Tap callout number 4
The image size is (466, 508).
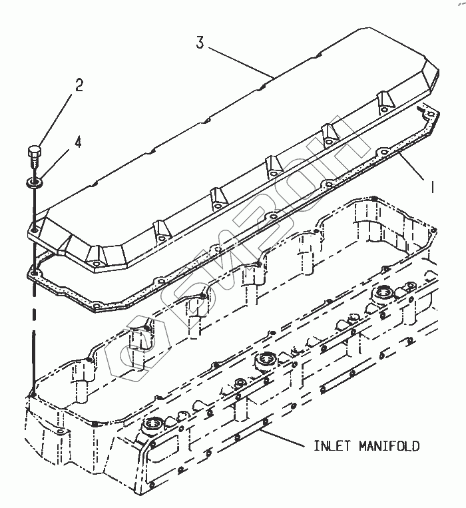tap(78, 142)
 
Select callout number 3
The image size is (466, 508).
tap(199, 43)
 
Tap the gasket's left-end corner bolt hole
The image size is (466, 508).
tap(33, 271)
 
